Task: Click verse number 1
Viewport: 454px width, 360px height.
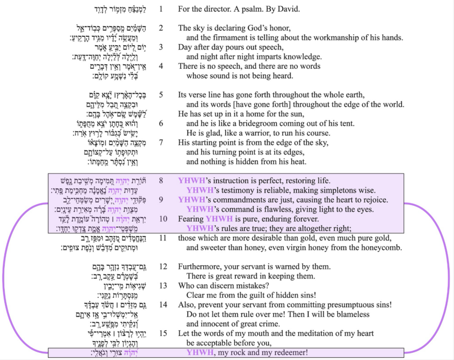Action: pos(161,9)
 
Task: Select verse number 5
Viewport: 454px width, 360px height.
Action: pos(161,94)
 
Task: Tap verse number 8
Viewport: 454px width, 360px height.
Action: pos(161,180)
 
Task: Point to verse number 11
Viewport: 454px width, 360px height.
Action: pos(161,238)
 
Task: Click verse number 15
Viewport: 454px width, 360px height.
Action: pos(161,334)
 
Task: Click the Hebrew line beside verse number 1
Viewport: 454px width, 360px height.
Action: pos(121,9)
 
